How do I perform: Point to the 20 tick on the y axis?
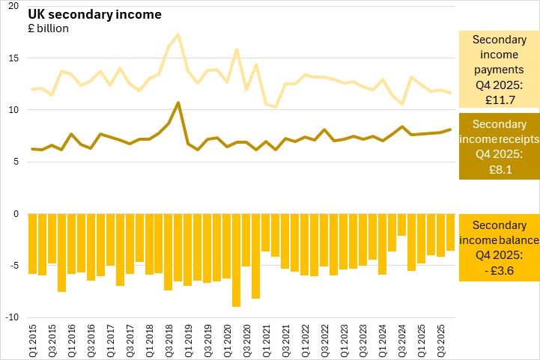click(x=13, y=6)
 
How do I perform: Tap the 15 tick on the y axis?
click(x=13, y=58)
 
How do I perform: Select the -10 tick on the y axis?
click(x=12, y=317)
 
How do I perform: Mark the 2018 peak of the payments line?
click(x=178, y=34)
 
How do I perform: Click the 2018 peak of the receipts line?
click(x=178, y=103)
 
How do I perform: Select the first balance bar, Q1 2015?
click(x=32, y=243)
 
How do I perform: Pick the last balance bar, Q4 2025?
click(x=450, y=232)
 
